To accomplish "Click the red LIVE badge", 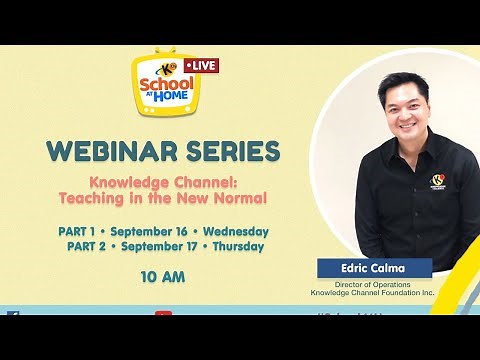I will point(203,65).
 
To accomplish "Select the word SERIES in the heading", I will point(233,152).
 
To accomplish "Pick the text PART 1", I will point(79,231).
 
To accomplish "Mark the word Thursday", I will point(237,246).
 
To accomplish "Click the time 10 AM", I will point(164,276).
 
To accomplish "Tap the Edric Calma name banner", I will point(375,267).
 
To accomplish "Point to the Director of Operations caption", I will point(375,284).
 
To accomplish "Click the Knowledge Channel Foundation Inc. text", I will point(375,294).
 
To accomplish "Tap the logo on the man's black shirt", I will point(437,181).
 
